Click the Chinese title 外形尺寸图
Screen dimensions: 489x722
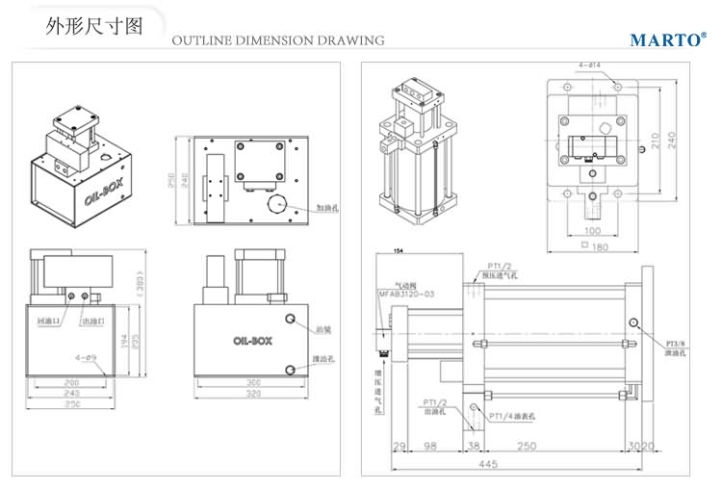pyautogui.click(x=94, y=26)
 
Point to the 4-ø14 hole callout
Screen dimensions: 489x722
pyautogui.click(x=590, y=65)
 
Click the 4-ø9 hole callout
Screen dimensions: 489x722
pyautogui.click(x=86, y=358)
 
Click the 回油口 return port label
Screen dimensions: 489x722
pyautogui.click(x=49, y=321)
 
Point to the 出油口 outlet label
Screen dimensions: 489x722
pyautogui.click(x=96, y=321)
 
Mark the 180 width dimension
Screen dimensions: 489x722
pyautogui.click(x=601, y=247)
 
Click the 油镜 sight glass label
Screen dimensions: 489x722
pyautogui.click(x=323, y=328)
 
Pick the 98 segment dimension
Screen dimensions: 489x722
pyautogui.click(x=430, y=447)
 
